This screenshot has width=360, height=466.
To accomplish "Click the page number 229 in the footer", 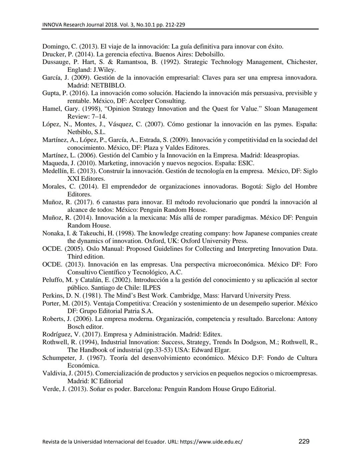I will click(x=304, y=441).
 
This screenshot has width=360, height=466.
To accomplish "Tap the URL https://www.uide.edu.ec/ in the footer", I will click(x=211, y=442).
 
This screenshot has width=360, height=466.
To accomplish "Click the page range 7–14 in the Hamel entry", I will click(x=99, y=116).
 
